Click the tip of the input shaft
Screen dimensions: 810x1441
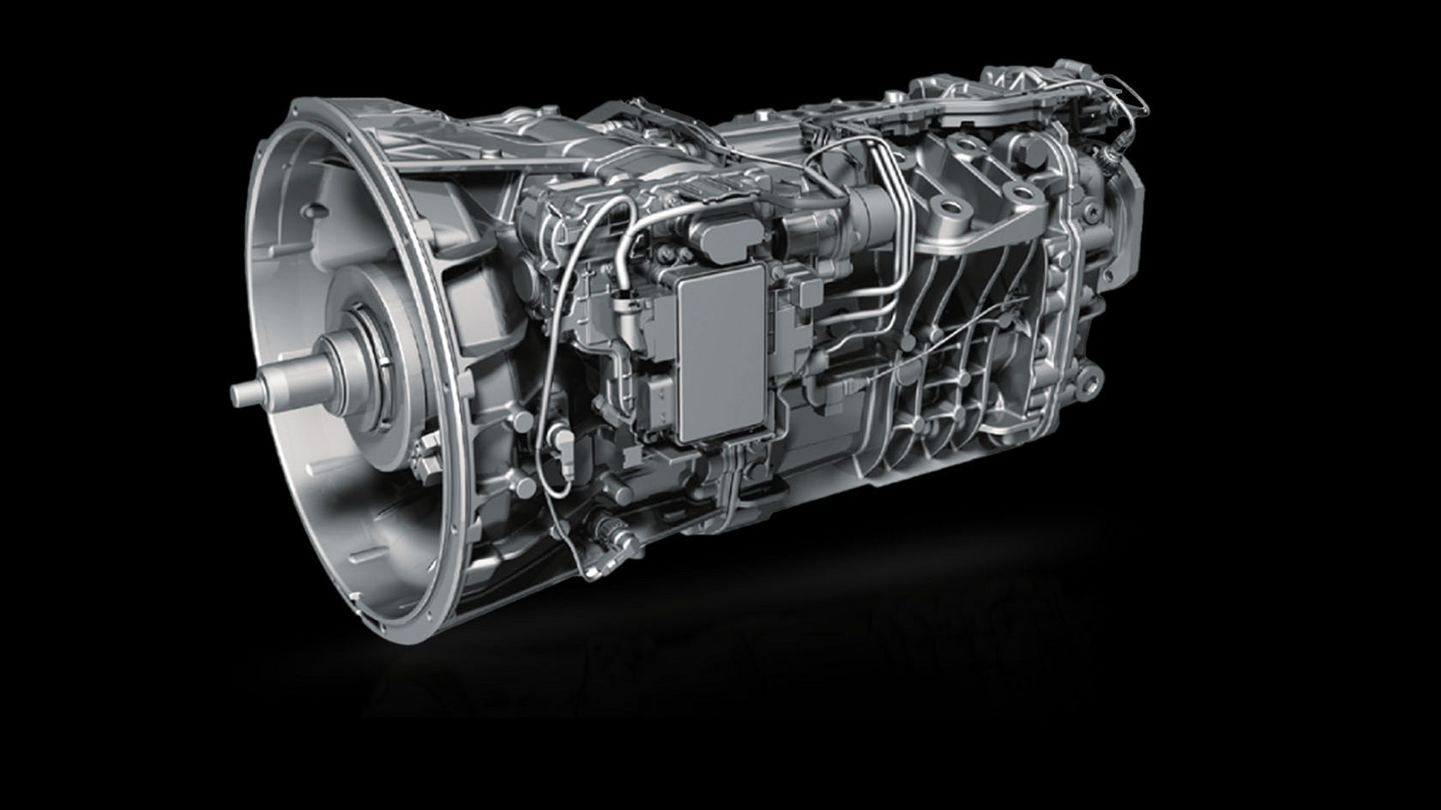coord(238,393)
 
